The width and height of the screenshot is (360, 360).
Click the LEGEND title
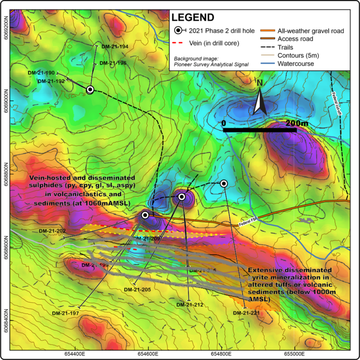click(193, 18)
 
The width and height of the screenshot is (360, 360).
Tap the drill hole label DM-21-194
click(114, 46)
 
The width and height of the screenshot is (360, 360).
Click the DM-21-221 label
click(246, 313)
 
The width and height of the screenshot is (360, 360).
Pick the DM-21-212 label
click(189, 305)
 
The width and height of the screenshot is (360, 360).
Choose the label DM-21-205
click(137, 290)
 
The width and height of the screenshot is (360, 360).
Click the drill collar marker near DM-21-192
click(90, 89)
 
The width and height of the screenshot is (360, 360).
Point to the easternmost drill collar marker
click(224, 183)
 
